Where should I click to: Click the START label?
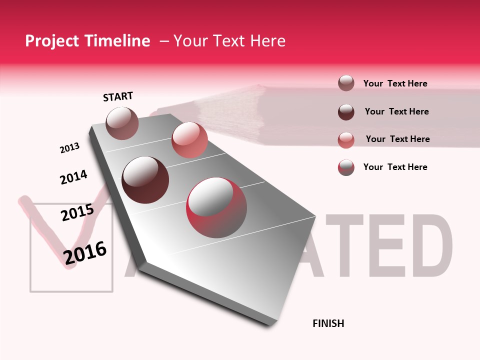[118, 96]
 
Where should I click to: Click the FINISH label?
[328, 323]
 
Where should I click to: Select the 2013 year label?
[69, 148]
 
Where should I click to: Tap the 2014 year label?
[73, 177]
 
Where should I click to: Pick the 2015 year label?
[77, 212]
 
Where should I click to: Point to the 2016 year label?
[85, 252]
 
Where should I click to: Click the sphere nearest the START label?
[122, 123]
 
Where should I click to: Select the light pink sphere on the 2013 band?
[189, 140]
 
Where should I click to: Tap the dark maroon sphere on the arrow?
[145, 180]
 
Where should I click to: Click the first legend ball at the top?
[346, 83]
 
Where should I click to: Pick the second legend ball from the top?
[346, 112]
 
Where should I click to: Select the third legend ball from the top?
[346, 139]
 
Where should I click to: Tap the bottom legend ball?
[346, 167]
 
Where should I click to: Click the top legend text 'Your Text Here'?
[395, 83]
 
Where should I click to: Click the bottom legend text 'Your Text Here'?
[395, 167]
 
